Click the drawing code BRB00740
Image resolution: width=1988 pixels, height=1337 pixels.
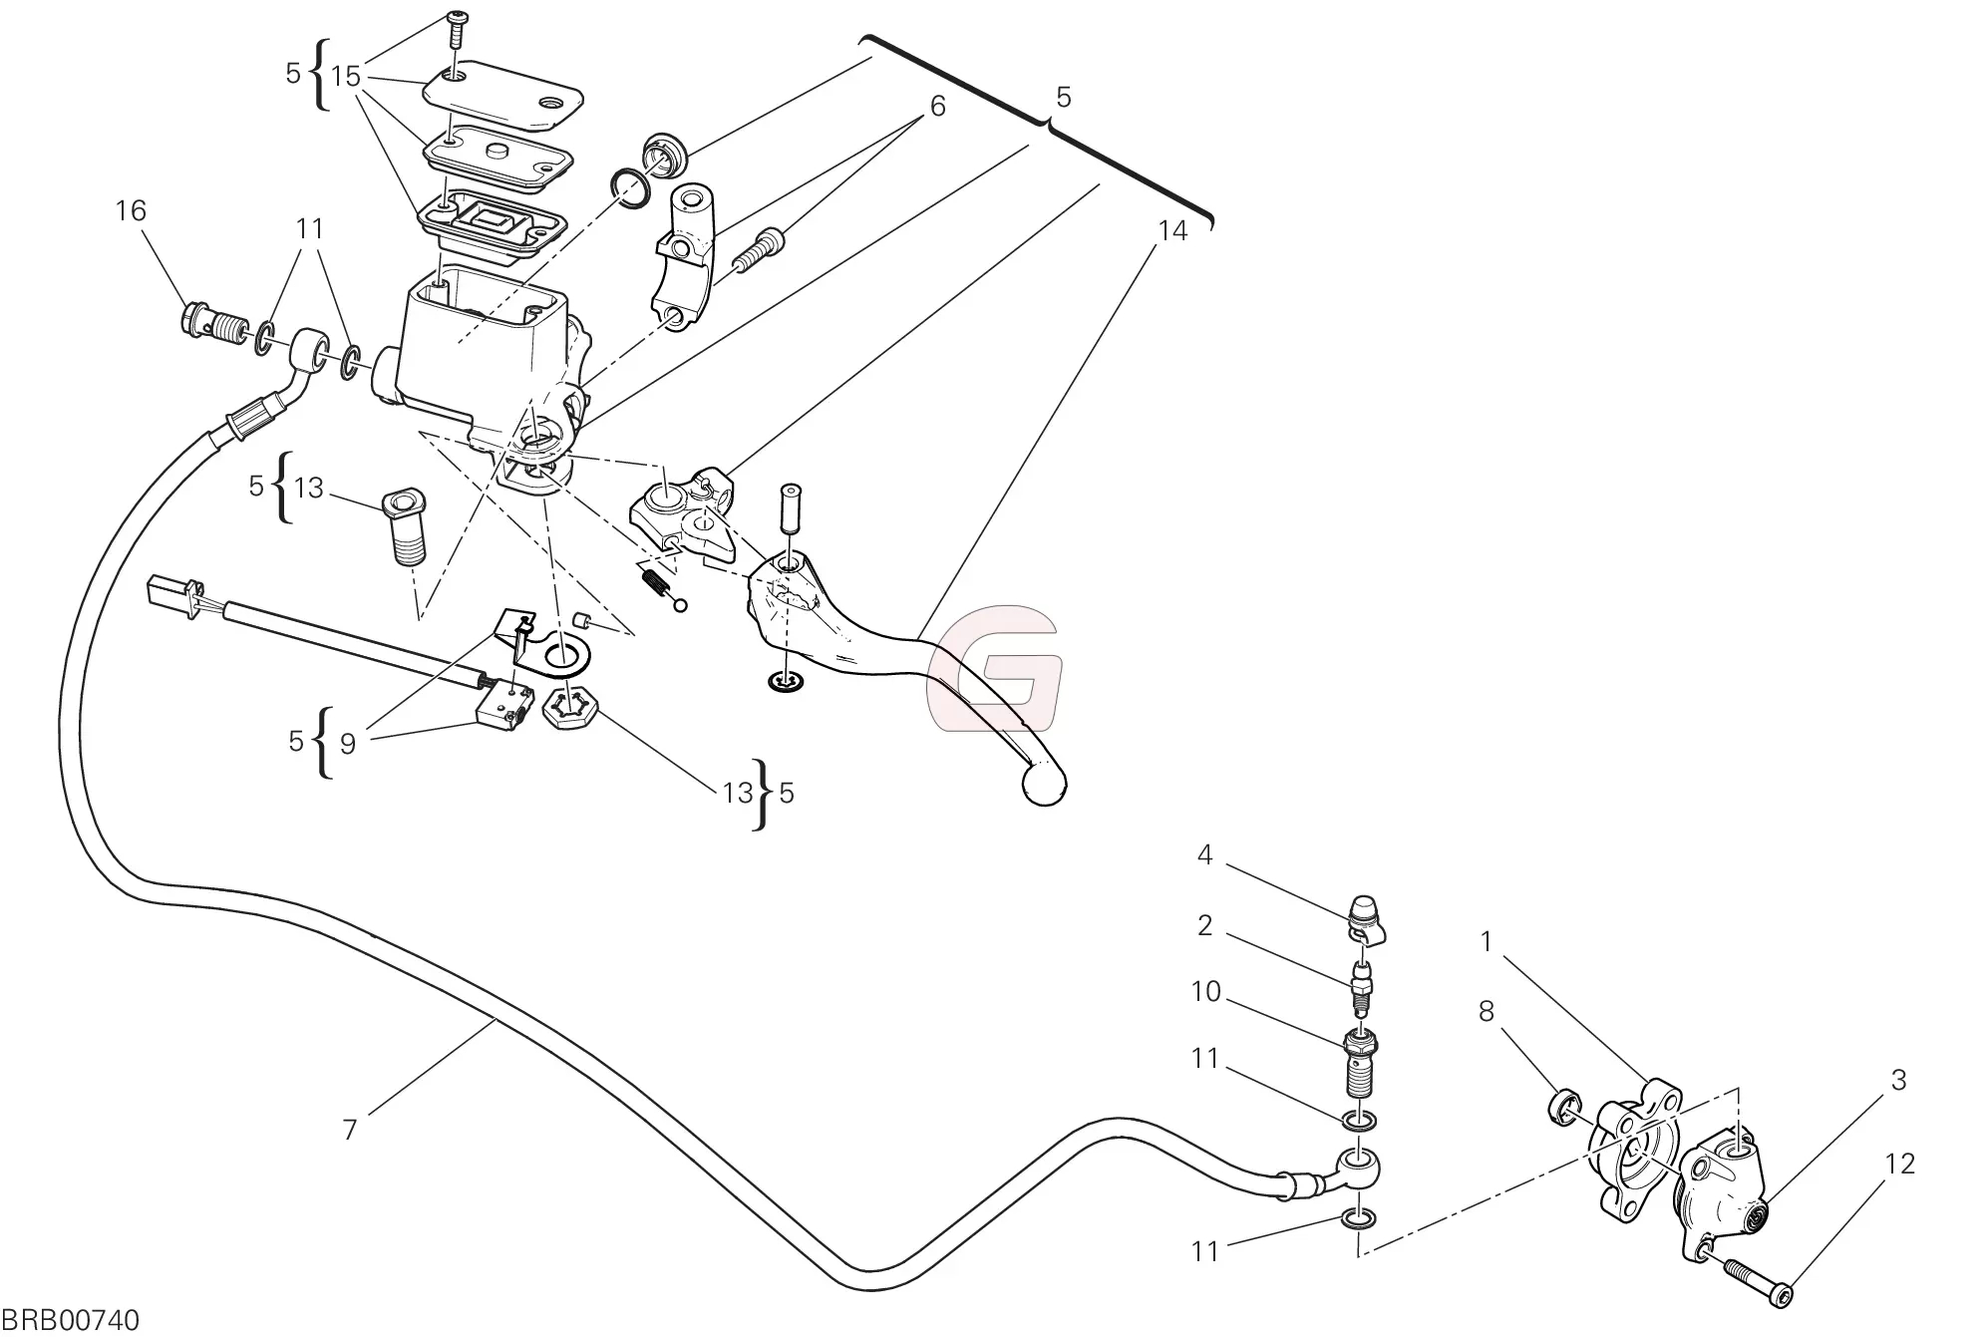[70, 1320]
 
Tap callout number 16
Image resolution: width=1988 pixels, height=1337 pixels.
[131, 211]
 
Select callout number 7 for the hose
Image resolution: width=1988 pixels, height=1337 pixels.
[349, 1130]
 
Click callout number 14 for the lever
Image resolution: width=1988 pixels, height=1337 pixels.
[1172, 231]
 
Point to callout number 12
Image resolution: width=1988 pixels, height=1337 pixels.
[1899, 1164]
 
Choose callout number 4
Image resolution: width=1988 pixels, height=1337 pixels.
[1204, 855]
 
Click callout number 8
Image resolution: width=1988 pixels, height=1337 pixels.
[1486, 1012]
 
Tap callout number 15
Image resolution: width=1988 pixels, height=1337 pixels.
[345, 77]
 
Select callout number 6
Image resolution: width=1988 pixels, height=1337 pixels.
[937, 106]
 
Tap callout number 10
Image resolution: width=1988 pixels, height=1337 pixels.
[1205, 993]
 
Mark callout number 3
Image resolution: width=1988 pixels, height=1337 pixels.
[1897, 1080]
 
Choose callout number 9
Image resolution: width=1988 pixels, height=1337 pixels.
[347, 744]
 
